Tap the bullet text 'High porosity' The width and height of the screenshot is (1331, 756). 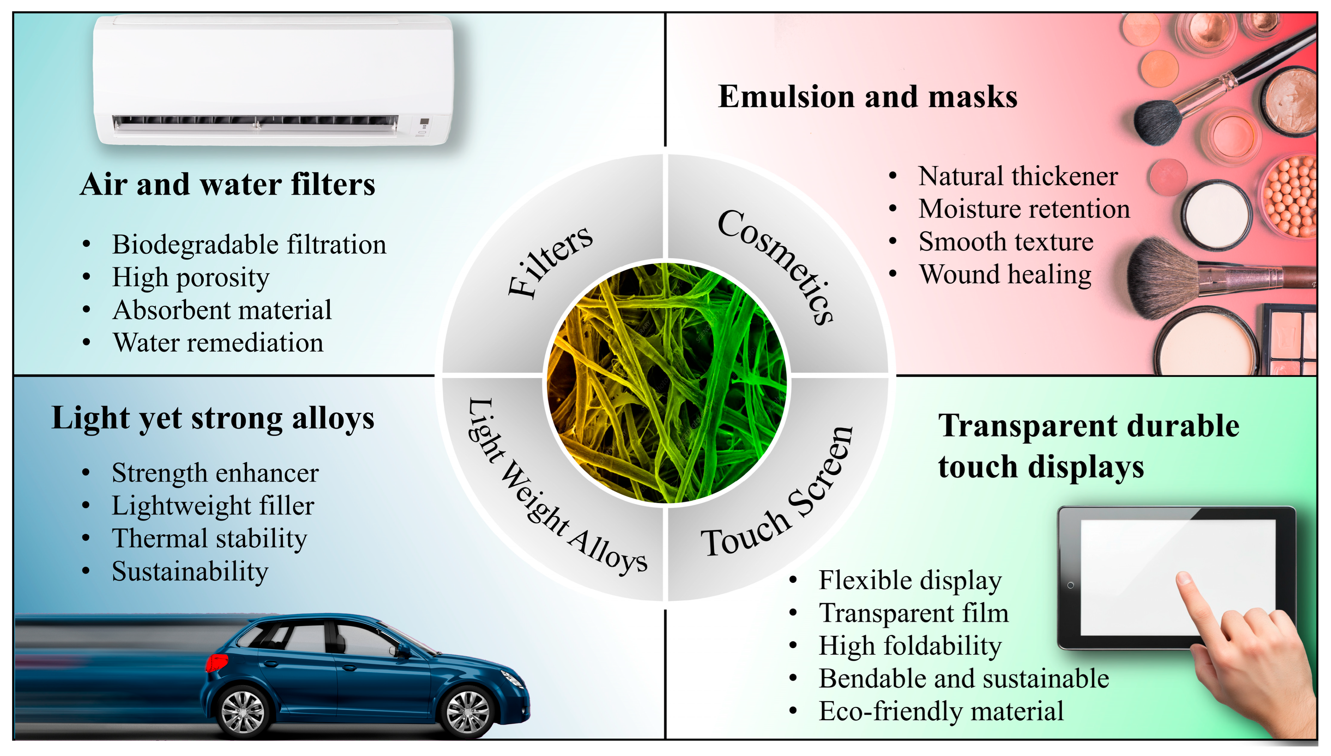click(x=190, y=277)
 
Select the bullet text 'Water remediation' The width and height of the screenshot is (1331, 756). click(x=218, y=343)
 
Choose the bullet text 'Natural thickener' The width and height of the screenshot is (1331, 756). click(x=1018, y=177)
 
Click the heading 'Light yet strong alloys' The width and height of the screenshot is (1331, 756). click(x=213, y=419)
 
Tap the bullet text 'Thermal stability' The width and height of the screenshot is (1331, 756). click(x=209, y=538)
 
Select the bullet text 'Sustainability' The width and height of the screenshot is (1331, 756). click(x=190, y=571)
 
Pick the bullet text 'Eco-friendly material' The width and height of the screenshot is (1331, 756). click(x=941, y=711)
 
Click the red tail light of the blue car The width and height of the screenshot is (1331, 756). click(x=216, y=662)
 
